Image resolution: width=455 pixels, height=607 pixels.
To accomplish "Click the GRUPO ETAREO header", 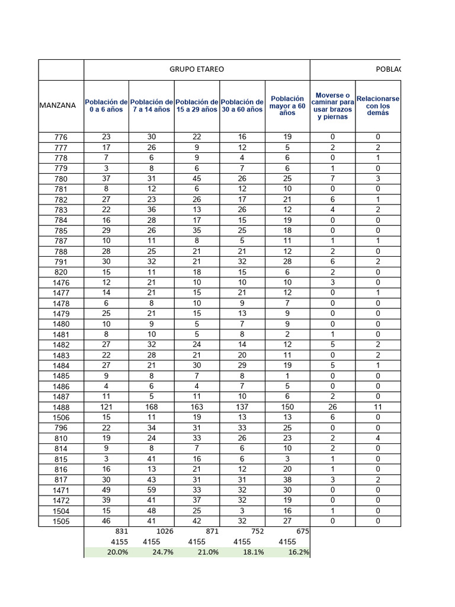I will click(197, 69).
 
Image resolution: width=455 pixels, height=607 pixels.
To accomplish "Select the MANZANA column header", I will click(57, 106).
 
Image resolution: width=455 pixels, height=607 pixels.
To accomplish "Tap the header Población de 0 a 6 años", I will click(106, 106).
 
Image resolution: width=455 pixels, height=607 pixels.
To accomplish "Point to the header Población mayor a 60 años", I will click(287, 106).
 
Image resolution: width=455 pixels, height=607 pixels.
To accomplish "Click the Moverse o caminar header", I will click(332, 106).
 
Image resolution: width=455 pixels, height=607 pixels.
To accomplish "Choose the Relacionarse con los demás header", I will click(377, 106).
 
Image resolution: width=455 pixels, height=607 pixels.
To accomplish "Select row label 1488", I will click(61, 407).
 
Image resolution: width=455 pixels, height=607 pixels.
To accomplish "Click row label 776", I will click(61, 138).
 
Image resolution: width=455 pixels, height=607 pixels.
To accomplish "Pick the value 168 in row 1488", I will click(152, 407).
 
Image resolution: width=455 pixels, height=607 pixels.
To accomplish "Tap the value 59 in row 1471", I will click(152, 490).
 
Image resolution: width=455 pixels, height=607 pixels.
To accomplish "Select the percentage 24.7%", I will click(163, 552).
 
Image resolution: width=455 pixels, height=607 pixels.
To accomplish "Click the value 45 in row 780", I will click(197, 178).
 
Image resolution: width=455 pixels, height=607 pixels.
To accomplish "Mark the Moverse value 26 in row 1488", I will click(332, 407).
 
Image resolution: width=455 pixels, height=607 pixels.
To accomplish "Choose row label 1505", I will click(61, 522).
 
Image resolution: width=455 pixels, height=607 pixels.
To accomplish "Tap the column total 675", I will click(302, 532).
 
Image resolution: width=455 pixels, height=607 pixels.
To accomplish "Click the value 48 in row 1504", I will click(152, 510).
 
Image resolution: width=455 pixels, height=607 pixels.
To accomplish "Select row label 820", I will click(61, 273).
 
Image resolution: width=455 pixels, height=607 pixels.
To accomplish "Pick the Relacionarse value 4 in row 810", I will click(377, 438).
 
